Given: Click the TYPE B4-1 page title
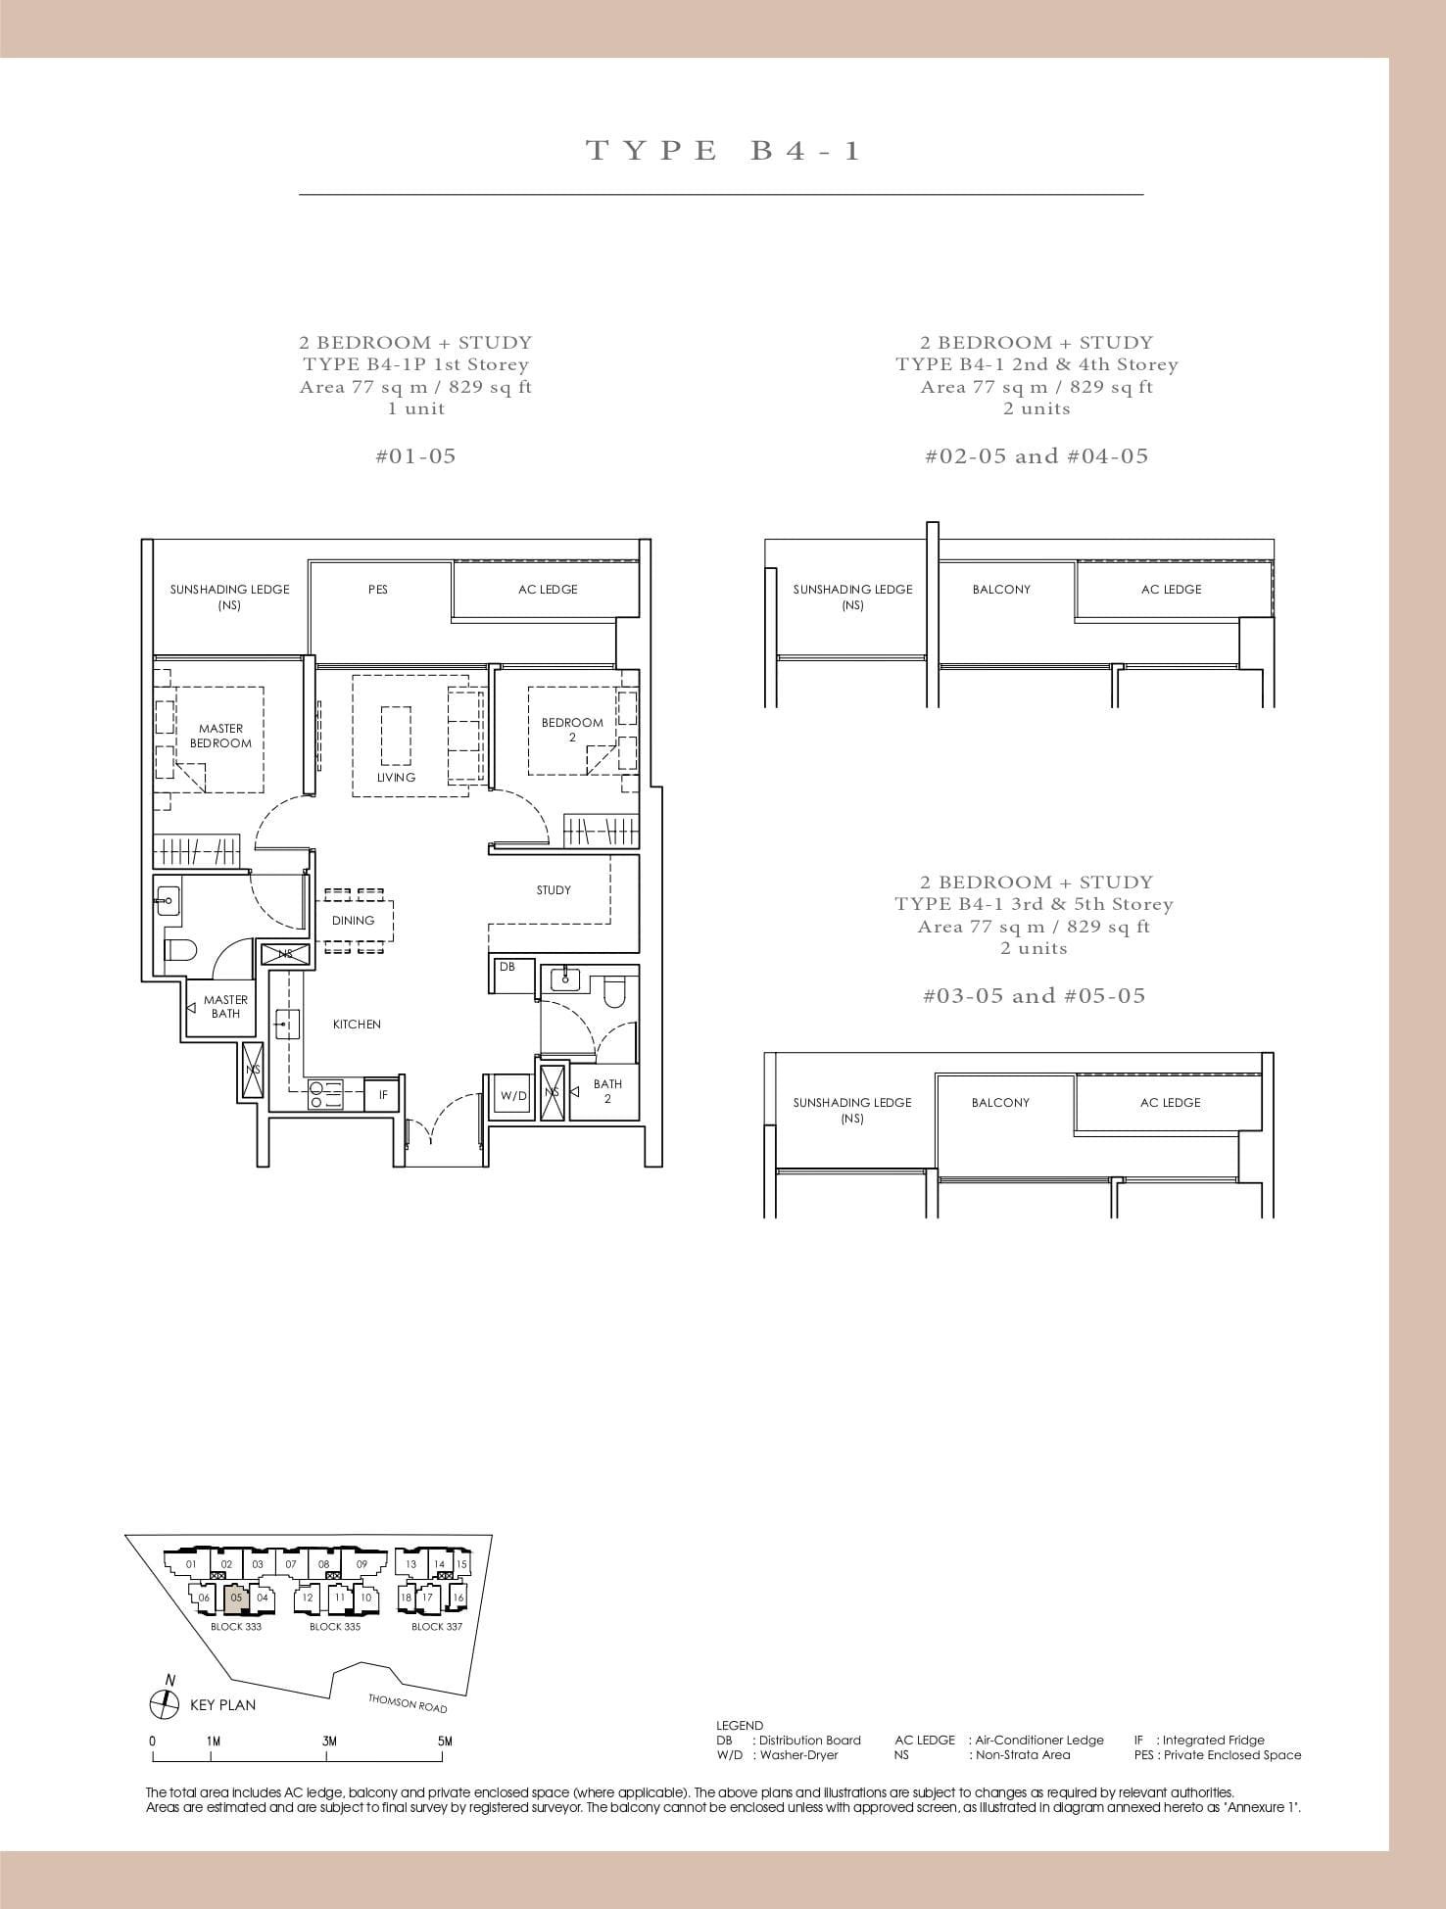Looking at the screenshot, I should [723, 150].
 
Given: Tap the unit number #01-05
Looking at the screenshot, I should [415, 455].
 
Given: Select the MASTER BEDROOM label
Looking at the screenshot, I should [220, 736].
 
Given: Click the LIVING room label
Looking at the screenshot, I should [396, 777].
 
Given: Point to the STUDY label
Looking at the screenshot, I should [554, 890].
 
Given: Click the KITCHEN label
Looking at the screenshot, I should [357, 1025].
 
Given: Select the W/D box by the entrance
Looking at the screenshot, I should [513, 1095].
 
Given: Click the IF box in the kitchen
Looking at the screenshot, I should [383, 1095].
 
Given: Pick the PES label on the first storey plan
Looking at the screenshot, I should [378, 590].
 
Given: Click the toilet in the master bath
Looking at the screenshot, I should [182, 948].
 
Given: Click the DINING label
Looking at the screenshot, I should [353, 921].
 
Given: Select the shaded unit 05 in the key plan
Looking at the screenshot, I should [236, 1598].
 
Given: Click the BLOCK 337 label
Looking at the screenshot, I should [436, 1627].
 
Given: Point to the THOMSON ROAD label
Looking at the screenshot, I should [408, 1703].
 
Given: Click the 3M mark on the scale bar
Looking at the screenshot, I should [329, 1742].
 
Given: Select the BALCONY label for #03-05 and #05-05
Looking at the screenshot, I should [1000, 1103].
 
